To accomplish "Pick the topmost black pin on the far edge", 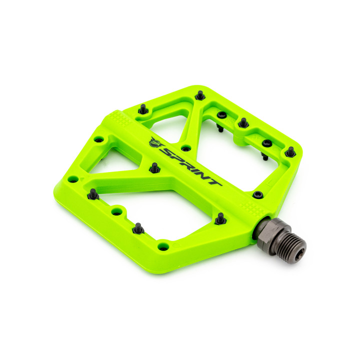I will pyautogui.click(x=200, y=94).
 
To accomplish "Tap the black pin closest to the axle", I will pyautogui.click(x=220, y=217).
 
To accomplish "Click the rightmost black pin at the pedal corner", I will pyautogui.click(x=290, y=150).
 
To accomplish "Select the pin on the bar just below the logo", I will pyautogui.click(x=154, y=166).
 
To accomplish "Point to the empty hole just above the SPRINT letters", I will pyautogui.click(x=185, y=148).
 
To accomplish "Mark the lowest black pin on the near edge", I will pyautogui.click(x=138, y=227).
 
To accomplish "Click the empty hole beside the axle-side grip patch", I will pyautogui.click(x=257, y=194).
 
